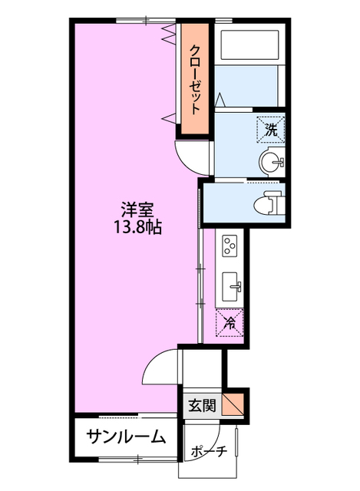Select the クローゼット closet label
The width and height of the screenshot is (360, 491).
coord(196,79)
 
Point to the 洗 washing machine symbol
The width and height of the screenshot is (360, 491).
coord(270,130)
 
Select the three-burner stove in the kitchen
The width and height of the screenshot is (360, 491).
coord(231,246)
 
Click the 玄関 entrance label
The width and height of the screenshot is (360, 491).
coord(201,404)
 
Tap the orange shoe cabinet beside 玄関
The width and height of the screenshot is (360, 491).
coord(235,404)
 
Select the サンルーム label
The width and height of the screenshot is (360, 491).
coord(125,437)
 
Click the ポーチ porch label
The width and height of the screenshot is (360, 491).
coord(210,451)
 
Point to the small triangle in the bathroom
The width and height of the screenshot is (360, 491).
coord(221,99)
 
